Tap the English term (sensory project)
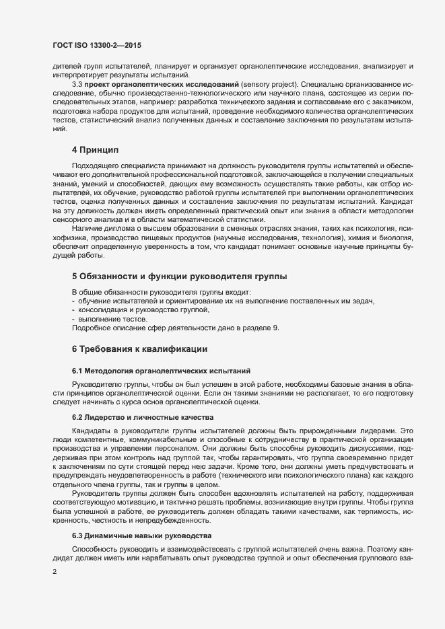point(265,84)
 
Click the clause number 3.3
point(77,84)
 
